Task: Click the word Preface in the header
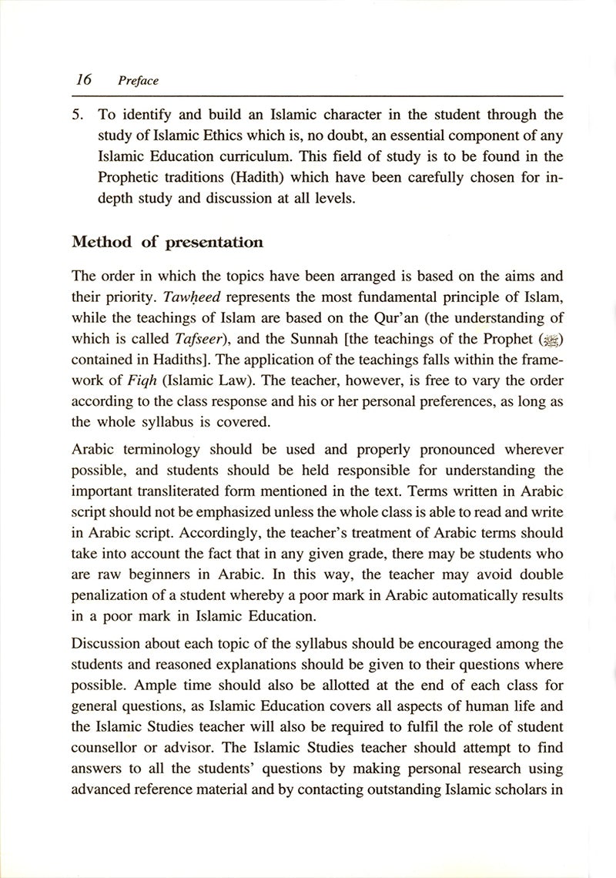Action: coord(138,80)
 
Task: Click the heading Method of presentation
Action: coord(167,243)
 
